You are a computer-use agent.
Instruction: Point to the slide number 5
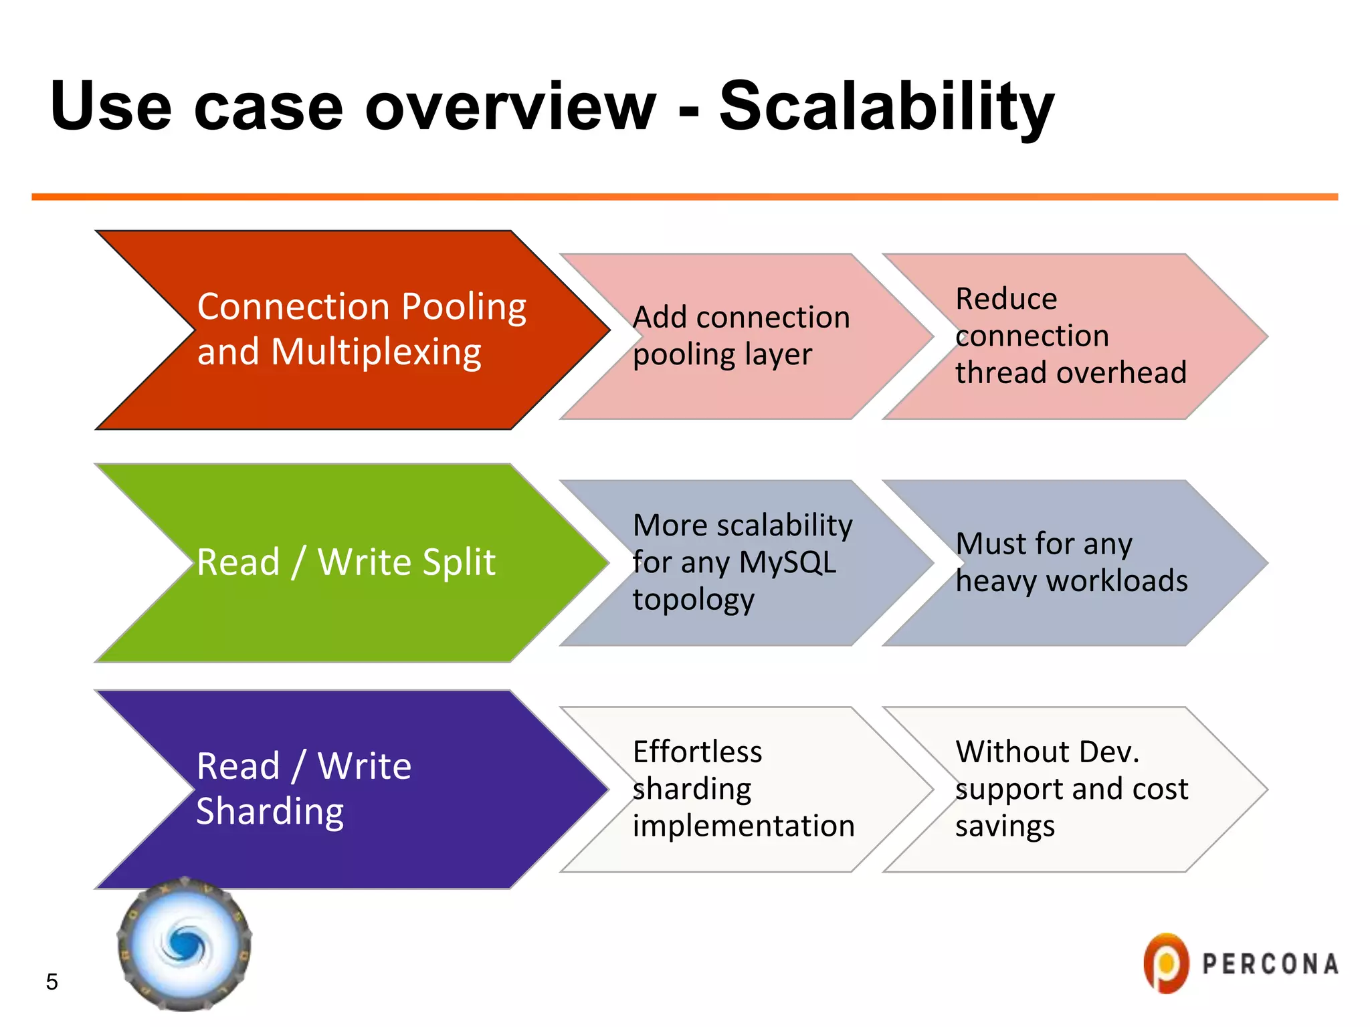point(52,982)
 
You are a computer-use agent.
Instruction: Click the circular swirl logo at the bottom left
point(185,944)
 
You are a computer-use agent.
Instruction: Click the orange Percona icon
point(1166,963)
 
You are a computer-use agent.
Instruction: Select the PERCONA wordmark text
point(1270,964)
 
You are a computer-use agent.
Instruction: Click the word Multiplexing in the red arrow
point(376,352)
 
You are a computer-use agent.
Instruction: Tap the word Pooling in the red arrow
point(464,307)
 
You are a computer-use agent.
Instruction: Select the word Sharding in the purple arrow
point(270,812)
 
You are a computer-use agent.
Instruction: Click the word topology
point(693,600)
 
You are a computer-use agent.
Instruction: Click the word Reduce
point(1006,299)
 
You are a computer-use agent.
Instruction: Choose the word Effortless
point(697,752)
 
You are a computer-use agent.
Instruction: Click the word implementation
point(743,826)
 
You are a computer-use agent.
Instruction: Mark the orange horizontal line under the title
point(684,197)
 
